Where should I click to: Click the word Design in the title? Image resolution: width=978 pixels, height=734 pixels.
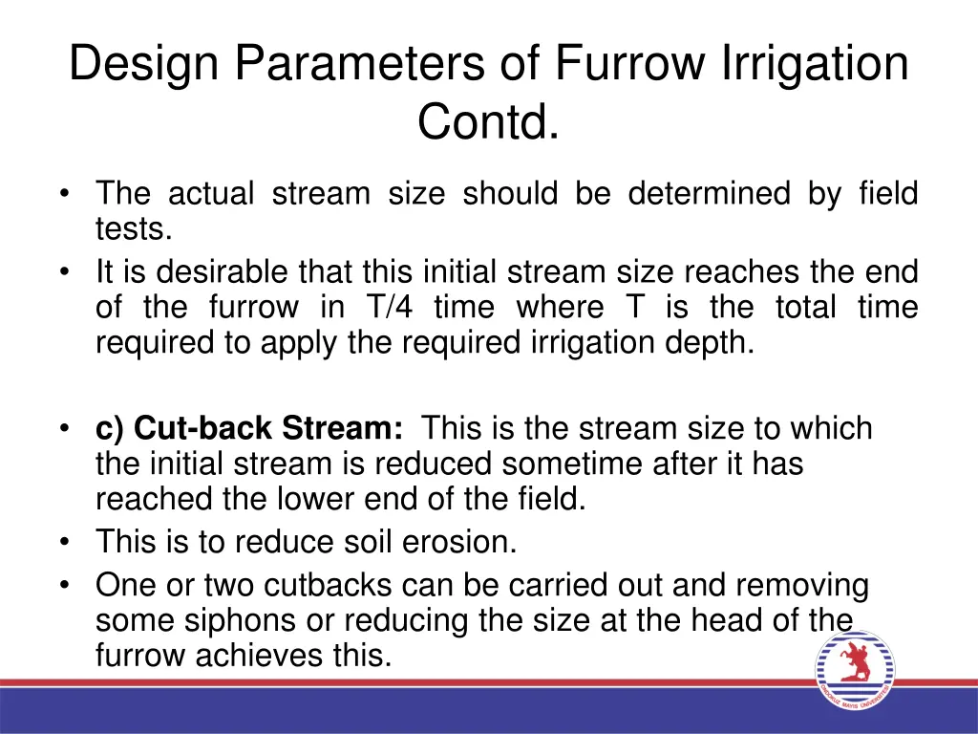click(x=144, y=66)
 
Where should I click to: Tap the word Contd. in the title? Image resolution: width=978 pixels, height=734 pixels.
click(x=488, y=121)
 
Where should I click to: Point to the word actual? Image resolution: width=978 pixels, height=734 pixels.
click(x=211, y=194)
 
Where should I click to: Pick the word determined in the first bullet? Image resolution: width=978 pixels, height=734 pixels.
click(x=709, y=194)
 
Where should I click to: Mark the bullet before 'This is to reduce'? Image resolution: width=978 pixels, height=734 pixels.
click(x=63, y=543)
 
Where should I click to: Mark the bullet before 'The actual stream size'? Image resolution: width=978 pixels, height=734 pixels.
click(x=63, y=194)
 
